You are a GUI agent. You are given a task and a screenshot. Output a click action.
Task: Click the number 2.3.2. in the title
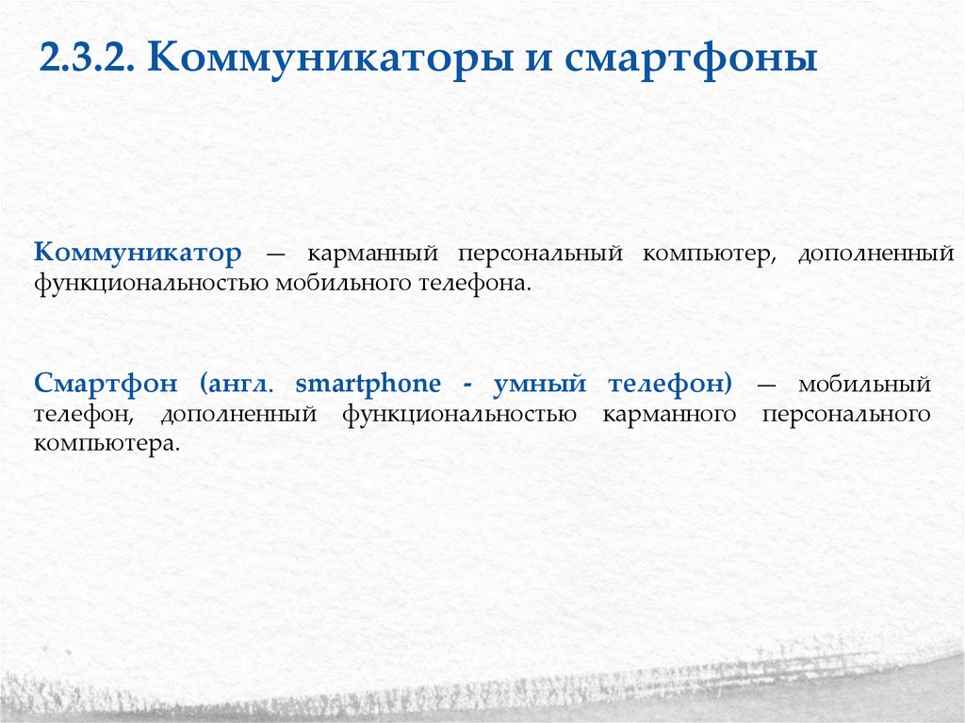pos(88,60)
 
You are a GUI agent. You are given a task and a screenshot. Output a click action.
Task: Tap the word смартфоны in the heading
pos(691,60)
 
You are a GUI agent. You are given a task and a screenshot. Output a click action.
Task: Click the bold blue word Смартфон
pos(111,385)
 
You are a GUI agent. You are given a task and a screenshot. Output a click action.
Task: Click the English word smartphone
pos(368,385)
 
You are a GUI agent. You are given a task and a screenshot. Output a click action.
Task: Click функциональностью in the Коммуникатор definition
pos(152,283)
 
